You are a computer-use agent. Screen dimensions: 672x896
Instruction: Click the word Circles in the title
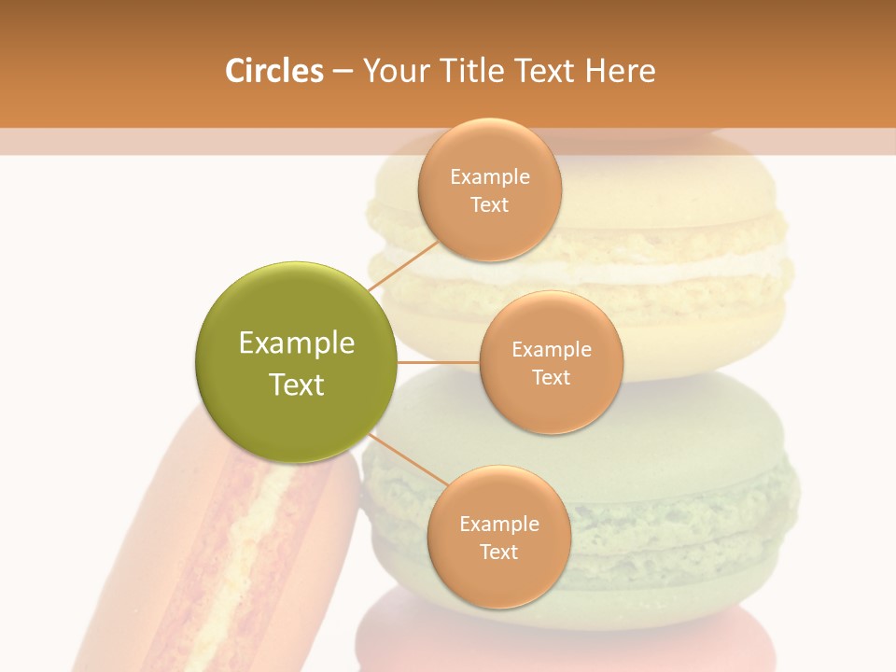pos(273,71)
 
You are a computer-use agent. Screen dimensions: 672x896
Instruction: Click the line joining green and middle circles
pos(438,361)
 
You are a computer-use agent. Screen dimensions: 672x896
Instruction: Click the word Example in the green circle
pos(296,343)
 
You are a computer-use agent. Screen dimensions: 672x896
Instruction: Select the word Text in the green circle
pos(296,385)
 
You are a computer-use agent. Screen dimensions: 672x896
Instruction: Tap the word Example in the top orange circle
pos(489,176)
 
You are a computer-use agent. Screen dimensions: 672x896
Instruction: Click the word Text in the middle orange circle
pos(551,377)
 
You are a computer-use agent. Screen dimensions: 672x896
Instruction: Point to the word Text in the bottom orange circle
pos(498,552)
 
